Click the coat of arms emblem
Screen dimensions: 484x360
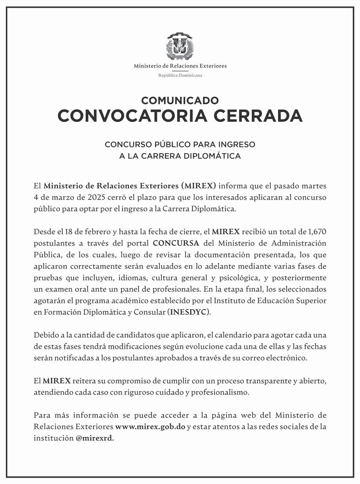coord(180,46)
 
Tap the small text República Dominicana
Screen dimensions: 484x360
coord(180,75)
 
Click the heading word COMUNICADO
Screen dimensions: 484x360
coord(180,100)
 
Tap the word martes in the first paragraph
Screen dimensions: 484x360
coord(315,185)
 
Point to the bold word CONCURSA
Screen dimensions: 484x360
coord(176,243)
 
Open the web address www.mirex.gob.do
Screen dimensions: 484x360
coord(150,427)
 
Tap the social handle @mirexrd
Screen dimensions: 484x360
coord(95,438)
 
